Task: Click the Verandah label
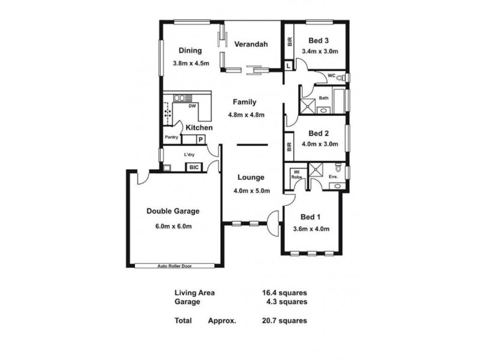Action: [250, 44]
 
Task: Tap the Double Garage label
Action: [173, 211]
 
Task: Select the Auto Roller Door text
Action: [173, 265]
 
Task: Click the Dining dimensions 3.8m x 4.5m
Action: [190, 64]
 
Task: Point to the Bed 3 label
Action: [319, 41]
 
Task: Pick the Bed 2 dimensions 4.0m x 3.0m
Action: [320, 144]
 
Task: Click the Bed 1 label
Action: [310, 217]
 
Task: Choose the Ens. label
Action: [334, 176]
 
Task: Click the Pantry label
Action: [173, 137]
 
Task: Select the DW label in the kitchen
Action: [192, 106]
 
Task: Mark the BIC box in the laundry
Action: [194, 167]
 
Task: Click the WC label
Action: [331, 76]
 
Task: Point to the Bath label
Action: [323, 98]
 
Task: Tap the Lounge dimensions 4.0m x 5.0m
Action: [251, 191]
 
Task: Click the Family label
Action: [245, 102]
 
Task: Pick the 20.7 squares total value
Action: [284, 320]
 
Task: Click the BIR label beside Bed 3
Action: [290, 42]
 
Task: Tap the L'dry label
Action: [191, 153]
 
